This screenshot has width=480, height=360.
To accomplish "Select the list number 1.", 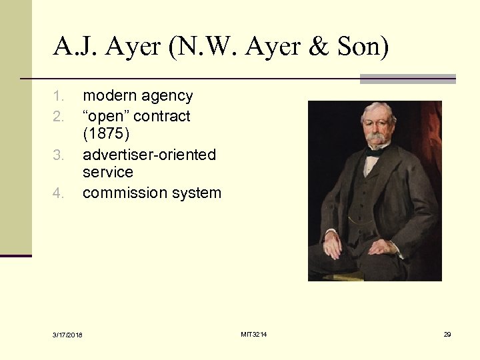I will coord(59,97).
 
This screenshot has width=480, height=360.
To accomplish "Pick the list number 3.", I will coord(59,155).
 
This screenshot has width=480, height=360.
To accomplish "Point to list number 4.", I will coord(59,194).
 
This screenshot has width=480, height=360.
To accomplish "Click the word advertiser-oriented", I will coord(149,155).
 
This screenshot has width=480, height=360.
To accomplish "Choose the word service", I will coord(108,172).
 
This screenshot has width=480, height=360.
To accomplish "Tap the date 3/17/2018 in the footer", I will coord(69,334).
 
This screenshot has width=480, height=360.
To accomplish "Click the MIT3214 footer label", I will coord(254,333).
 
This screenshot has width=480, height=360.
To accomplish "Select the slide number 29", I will coord(447,334).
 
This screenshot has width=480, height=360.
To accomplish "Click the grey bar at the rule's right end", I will coord(407,79).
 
